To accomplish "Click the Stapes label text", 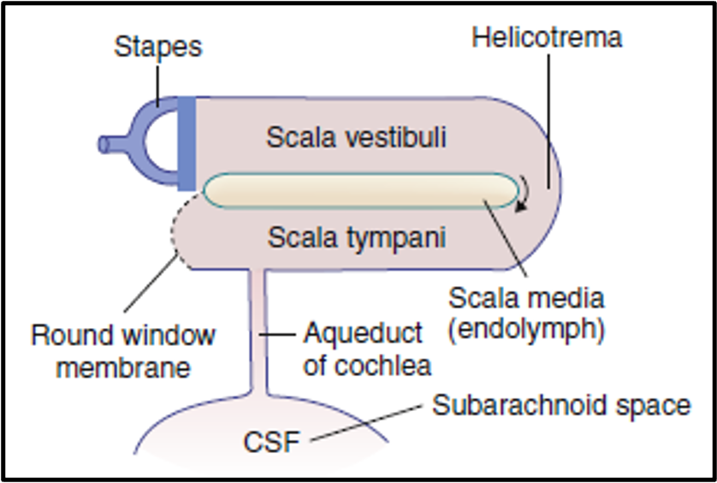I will [x=158, y=46].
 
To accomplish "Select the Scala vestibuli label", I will [x=356, y=137].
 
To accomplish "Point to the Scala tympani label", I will [x=356, y=237].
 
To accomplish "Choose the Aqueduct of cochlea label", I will [x=364, y=349].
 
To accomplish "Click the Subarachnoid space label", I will [x=561, y=405].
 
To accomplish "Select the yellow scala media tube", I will [x=359, y=190].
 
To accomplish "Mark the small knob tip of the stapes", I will [x=104, y=145].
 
